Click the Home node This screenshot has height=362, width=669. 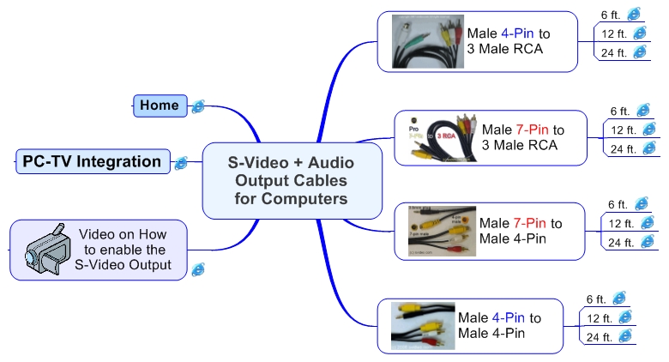[159, 106]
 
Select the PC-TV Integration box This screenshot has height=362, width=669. [92, 161]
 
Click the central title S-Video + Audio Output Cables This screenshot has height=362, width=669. [291, 180]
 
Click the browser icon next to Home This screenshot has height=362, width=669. [198, 106]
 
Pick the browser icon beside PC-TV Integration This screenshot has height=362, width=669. [181, 163]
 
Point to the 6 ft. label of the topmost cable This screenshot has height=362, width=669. [610, 15]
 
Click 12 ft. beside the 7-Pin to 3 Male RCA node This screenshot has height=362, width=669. [622, 130]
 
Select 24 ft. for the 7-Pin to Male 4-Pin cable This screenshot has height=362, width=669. [620, 243]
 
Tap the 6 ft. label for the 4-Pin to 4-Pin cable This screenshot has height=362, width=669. [596, 299]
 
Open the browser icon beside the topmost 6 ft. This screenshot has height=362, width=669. [635, 14]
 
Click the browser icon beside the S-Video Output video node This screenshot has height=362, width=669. [197, 268]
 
